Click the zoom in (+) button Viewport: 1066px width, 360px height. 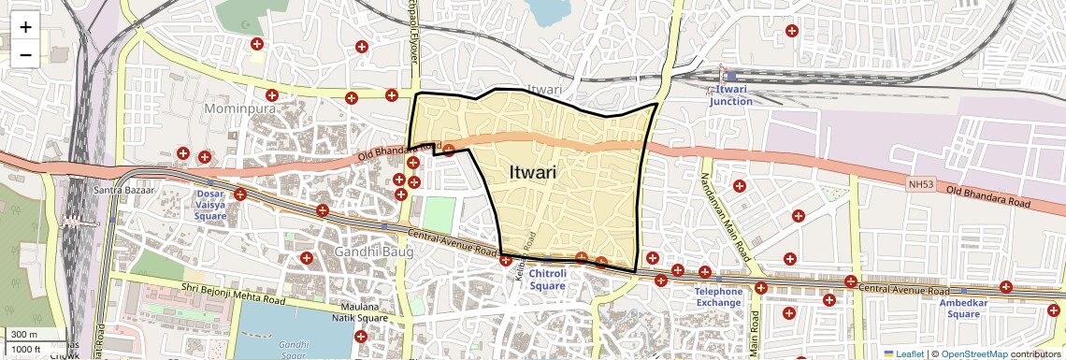[x=25, y=27]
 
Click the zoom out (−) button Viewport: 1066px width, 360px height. [x=25, y=54]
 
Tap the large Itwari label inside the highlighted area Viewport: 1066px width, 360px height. [x=533, y=173]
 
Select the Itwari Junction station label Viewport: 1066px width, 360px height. [x=730, y=94]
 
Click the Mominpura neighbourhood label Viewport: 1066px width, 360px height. [x=239, y=109]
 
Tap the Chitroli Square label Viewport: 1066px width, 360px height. [x=548, y=280]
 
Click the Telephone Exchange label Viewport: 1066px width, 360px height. [x=718, y=297]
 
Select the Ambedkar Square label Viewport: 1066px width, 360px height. [x=963, y=308]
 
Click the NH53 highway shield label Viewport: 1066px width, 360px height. [x=920, y=185]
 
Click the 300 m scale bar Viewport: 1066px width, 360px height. [x=24, y=334]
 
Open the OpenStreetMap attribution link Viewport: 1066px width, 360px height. [x=973, y=353]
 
